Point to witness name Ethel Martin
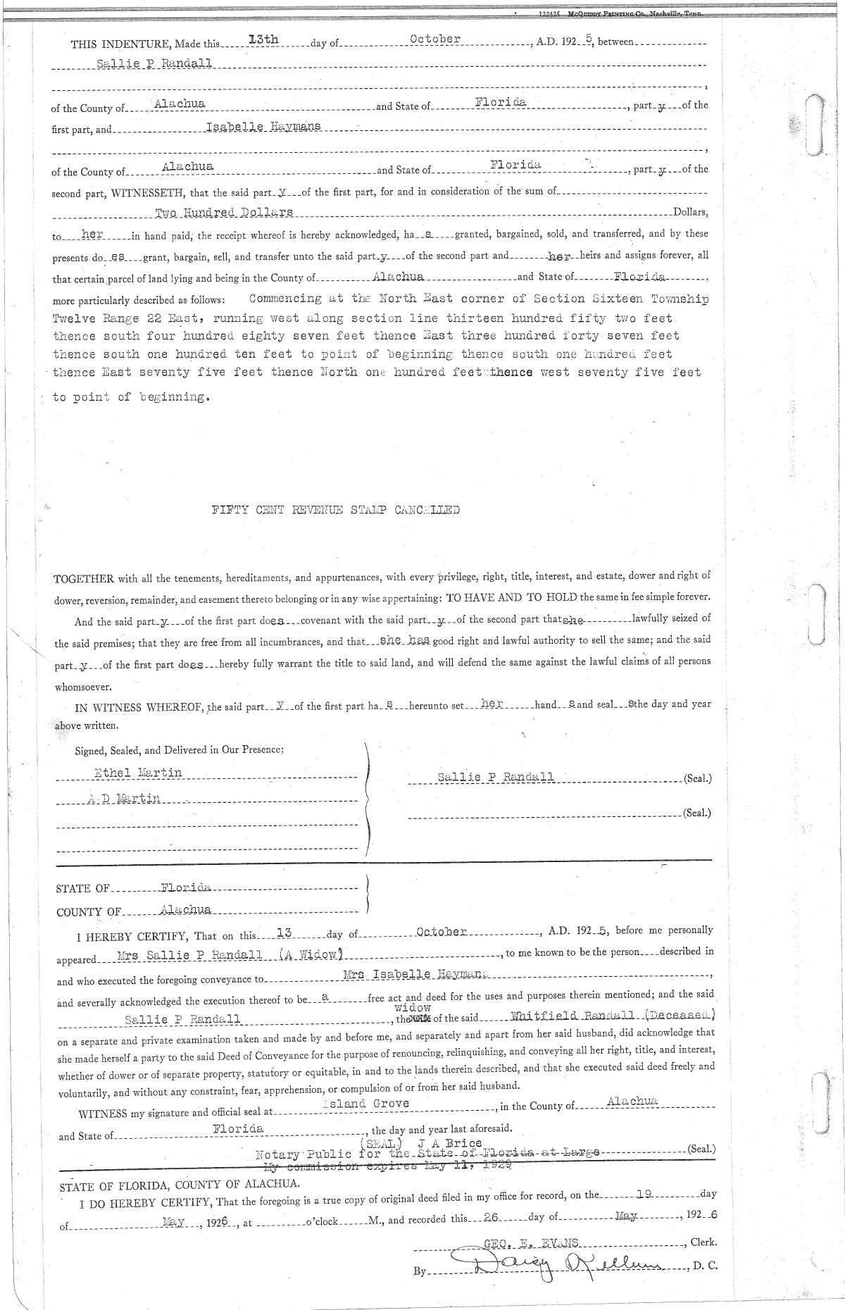click(x=138, y=773)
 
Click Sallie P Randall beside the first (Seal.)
click(x=495, y=777)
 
